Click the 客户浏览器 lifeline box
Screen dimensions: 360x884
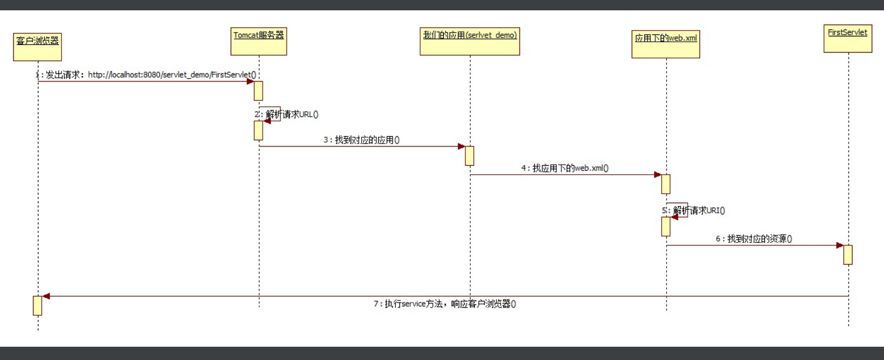point(37,47)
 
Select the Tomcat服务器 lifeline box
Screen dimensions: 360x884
point(259,41)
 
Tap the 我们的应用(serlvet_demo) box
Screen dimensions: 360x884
point(470,41)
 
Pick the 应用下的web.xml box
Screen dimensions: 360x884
point(666,44)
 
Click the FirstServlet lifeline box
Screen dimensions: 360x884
point(848,38)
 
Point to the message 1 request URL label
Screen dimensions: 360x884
point(148,75)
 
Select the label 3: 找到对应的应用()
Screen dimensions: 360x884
point(362,140)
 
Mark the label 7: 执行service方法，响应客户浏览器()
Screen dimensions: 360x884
point(445,304)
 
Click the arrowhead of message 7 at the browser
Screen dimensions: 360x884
point(46,296)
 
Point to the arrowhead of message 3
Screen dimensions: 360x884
point(461,146)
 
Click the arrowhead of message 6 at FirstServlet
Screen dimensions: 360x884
point(839,245)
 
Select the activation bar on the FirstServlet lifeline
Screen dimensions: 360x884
point(848,255)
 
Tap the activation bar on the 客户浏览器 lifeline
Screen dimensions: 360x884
point(37,305)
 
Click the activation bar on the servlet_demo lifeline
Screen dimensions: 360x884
point(469,156)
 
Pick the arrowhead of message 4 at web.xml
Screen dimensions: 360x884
point(657,175)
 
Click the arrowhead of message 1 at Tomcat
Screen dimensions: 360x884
point(250,81)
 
